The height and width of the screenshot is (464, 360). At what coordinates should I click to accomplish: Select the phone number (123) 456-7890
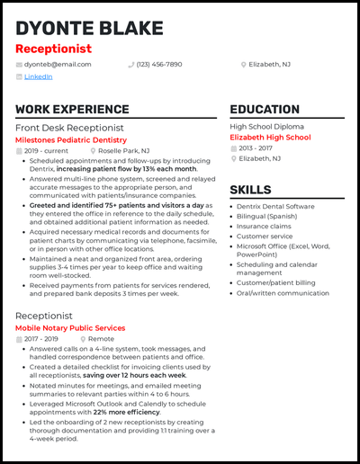tap(159, 65)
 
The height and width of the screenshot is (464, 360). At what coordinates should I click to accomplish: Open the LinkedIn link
tap(38, 77)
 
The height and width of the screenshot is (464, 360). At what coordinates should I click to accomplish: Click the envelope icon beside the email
tap(20, 65)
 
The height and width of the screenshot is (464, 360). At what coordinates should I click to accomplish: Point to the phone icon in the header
tap(131, 65)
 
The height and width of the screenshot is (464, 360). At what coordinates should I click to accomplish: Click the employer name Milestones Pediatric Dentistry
tap(70, 140)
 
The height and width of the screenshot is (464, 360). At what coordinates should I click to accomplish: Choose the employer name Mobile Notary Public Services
tap(69, 328)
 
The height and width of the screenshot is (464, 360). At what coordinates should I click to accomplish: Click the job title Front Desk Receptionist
tap(69, 129)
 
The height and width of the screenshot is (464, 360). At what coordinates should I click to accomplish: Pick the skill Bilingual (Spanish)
tap(267, 217)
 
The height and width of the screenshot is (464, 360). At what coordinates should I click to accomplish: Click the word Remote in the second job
tap(101, 339)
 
